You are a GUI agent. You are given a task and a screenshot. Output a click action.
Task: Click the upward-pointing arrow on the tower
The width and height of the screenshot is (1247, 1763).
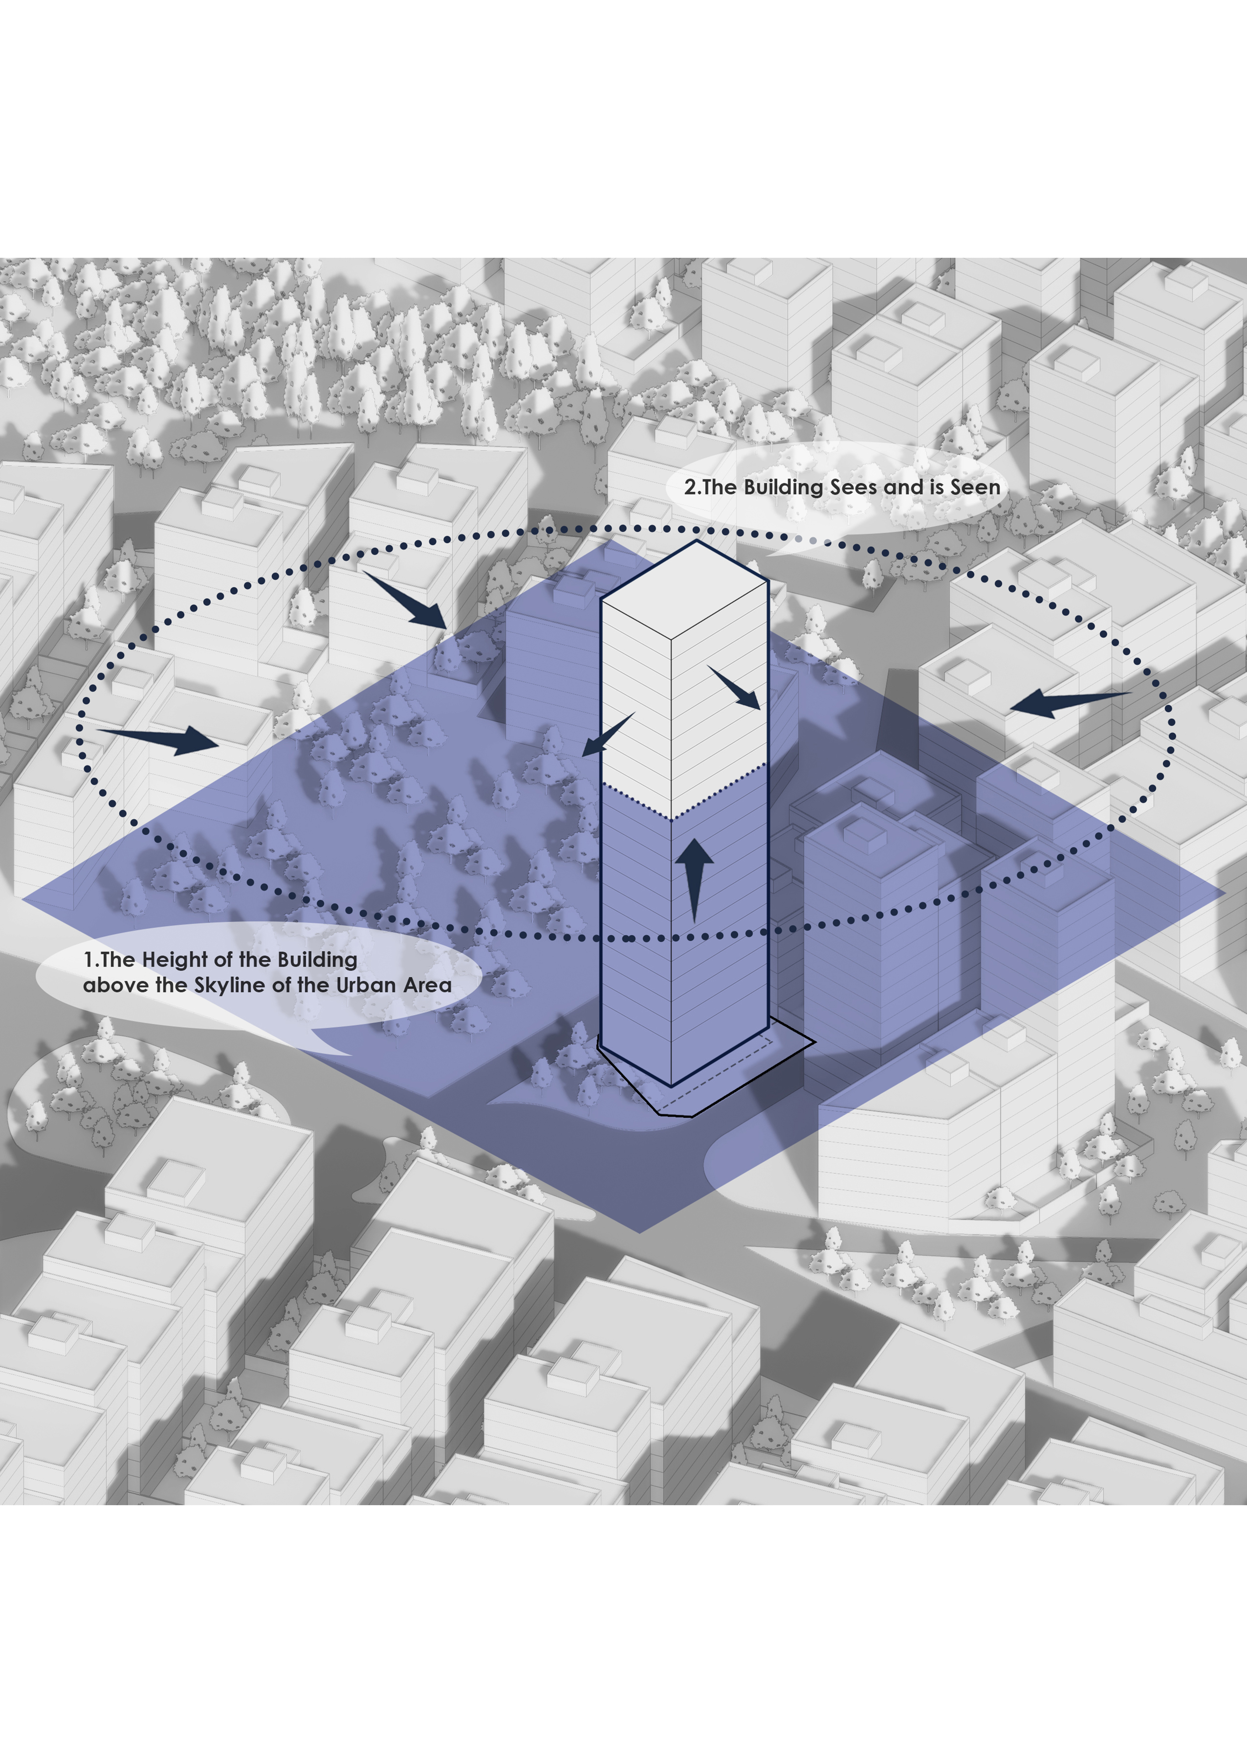tap(694, 879)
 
